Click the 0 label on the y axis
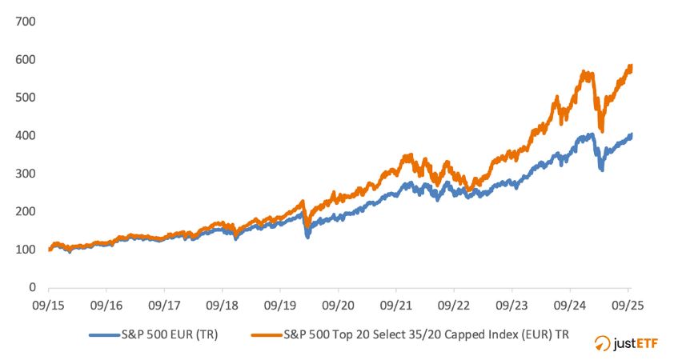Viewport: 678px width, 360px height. [x=32, y=287]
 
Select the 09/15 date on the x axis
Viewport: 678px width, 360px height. [x=49, y=305]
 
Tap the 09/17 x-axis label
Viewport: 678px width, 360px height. [x=164, y=305]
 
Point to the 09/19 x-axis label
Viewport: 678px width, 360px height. [x=280, y=305]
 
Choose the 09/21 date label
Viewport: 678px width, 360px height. [x=396, y=305]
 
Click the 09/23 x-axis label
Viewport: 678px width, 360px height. [x=512, y=305]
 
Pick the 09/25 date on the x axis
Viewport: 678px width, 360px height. [x=628, y=305]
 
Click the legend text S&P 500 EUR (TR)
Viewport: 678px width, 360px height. [x=171, y=335]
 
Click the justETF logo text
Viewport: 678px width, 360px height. [x=638, y=343]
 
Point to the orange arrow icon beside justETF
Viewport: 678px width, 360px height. [x=604, y=343]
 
